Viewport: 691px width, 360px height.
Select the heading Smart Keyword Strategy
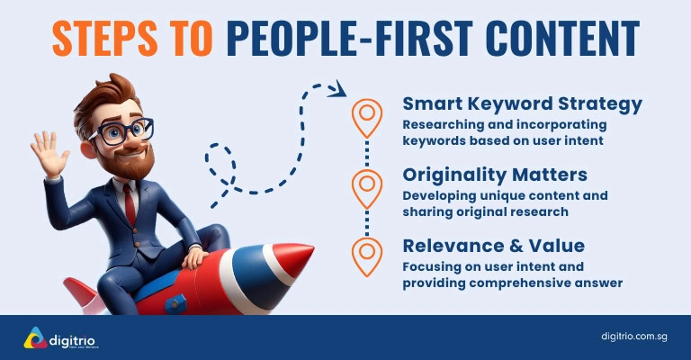click(522, 103)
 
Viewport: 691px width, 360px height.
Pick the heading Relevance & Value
click(493, 246)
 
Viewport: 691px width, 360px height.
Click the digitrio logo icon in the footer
click(34, 338)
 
